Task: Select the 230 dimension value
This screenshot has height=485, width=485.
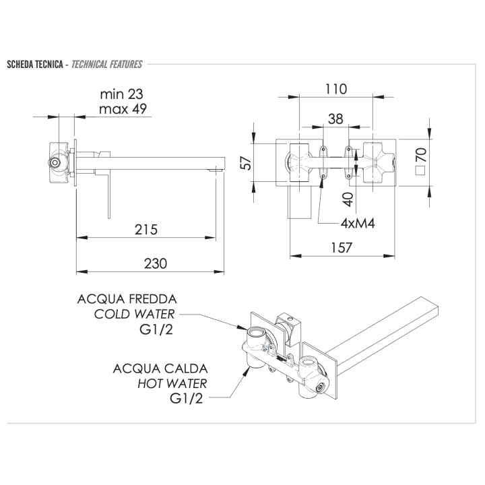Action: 155,263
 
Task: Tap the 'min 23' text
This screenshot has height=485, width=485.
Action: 121,94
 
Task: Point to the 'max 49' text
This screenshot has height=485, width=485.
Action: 121,108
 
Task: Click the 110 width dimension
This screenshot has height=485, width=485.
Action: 335,89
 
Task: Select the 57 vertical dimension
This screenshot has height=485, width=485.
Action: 246,162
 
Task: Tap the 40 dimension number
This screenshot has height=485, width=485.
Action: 348,199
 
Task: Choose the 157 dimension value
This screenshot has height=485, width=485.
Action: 342,248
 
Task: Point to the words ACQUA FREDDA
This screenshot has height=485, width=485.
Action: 127,298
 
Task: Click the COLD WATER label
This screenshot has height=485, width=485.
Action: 134,314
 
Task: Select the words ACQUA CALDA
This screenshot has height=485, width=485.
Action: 161,368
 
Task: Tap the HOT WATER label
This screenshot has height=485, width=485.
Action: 172,383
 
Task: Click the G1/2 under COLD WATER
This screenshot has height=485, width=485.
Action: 157,330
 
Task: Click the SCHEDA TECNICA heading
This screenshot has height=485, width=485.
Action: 35,65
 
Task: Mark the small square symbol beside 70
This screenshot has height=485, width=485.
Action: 420,170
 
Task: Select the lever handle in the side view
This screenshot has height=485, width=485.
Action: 106,195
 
